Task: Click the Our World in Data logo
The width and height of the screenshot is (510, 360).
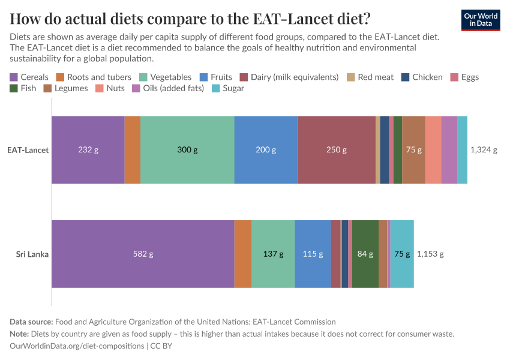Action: [480, 20]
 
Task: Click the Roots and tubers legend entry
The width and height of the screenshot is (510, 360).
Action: [94, 77]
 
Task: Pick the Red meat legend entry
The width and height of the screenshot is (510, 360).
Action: [370, 77]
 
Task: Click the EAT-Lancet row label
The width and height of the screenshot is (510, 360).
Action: [28, 149]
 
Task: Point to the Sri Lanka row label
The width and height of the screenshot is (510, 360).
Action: [32, 254]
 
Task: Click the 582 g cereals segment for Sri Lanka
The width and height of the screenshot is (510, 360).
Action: [143, 254]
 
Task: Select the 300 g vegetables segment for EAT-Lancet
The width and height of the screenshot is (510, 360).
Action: [187, 149]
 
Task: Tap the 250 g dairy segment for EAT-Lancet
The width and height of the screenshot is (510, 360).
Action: [336, 149]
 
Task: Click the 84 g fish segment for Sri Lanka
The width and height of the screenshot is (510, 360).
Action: [365, 254]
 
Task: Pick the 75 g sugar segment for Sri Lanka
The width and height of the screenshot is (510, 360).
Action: [402, 254]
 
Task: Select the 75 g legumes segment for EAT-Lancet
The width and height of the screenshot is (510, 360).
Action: [413, 149]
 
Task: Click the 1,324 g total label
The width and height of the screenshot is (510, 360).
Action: [484, 149]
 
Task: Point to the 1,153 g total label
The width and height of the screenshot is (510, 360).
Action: [430, 254]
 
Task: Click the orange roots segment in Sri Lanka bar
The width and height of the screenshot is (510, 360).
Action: [243, 254]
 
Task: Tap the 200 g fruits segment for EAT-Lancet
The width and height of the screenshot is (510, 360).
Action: [266, 149]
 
